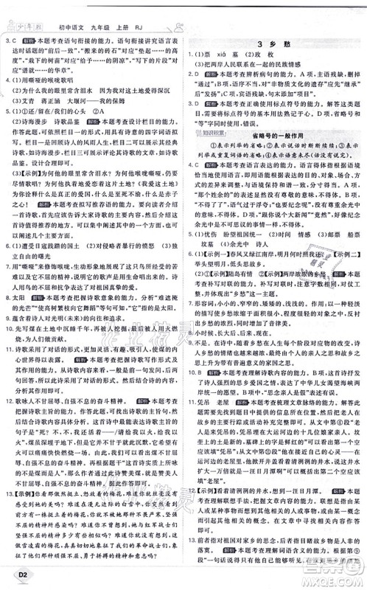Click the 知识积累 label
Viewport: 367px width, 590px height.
pyautogui.click(x=212, y=121)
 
